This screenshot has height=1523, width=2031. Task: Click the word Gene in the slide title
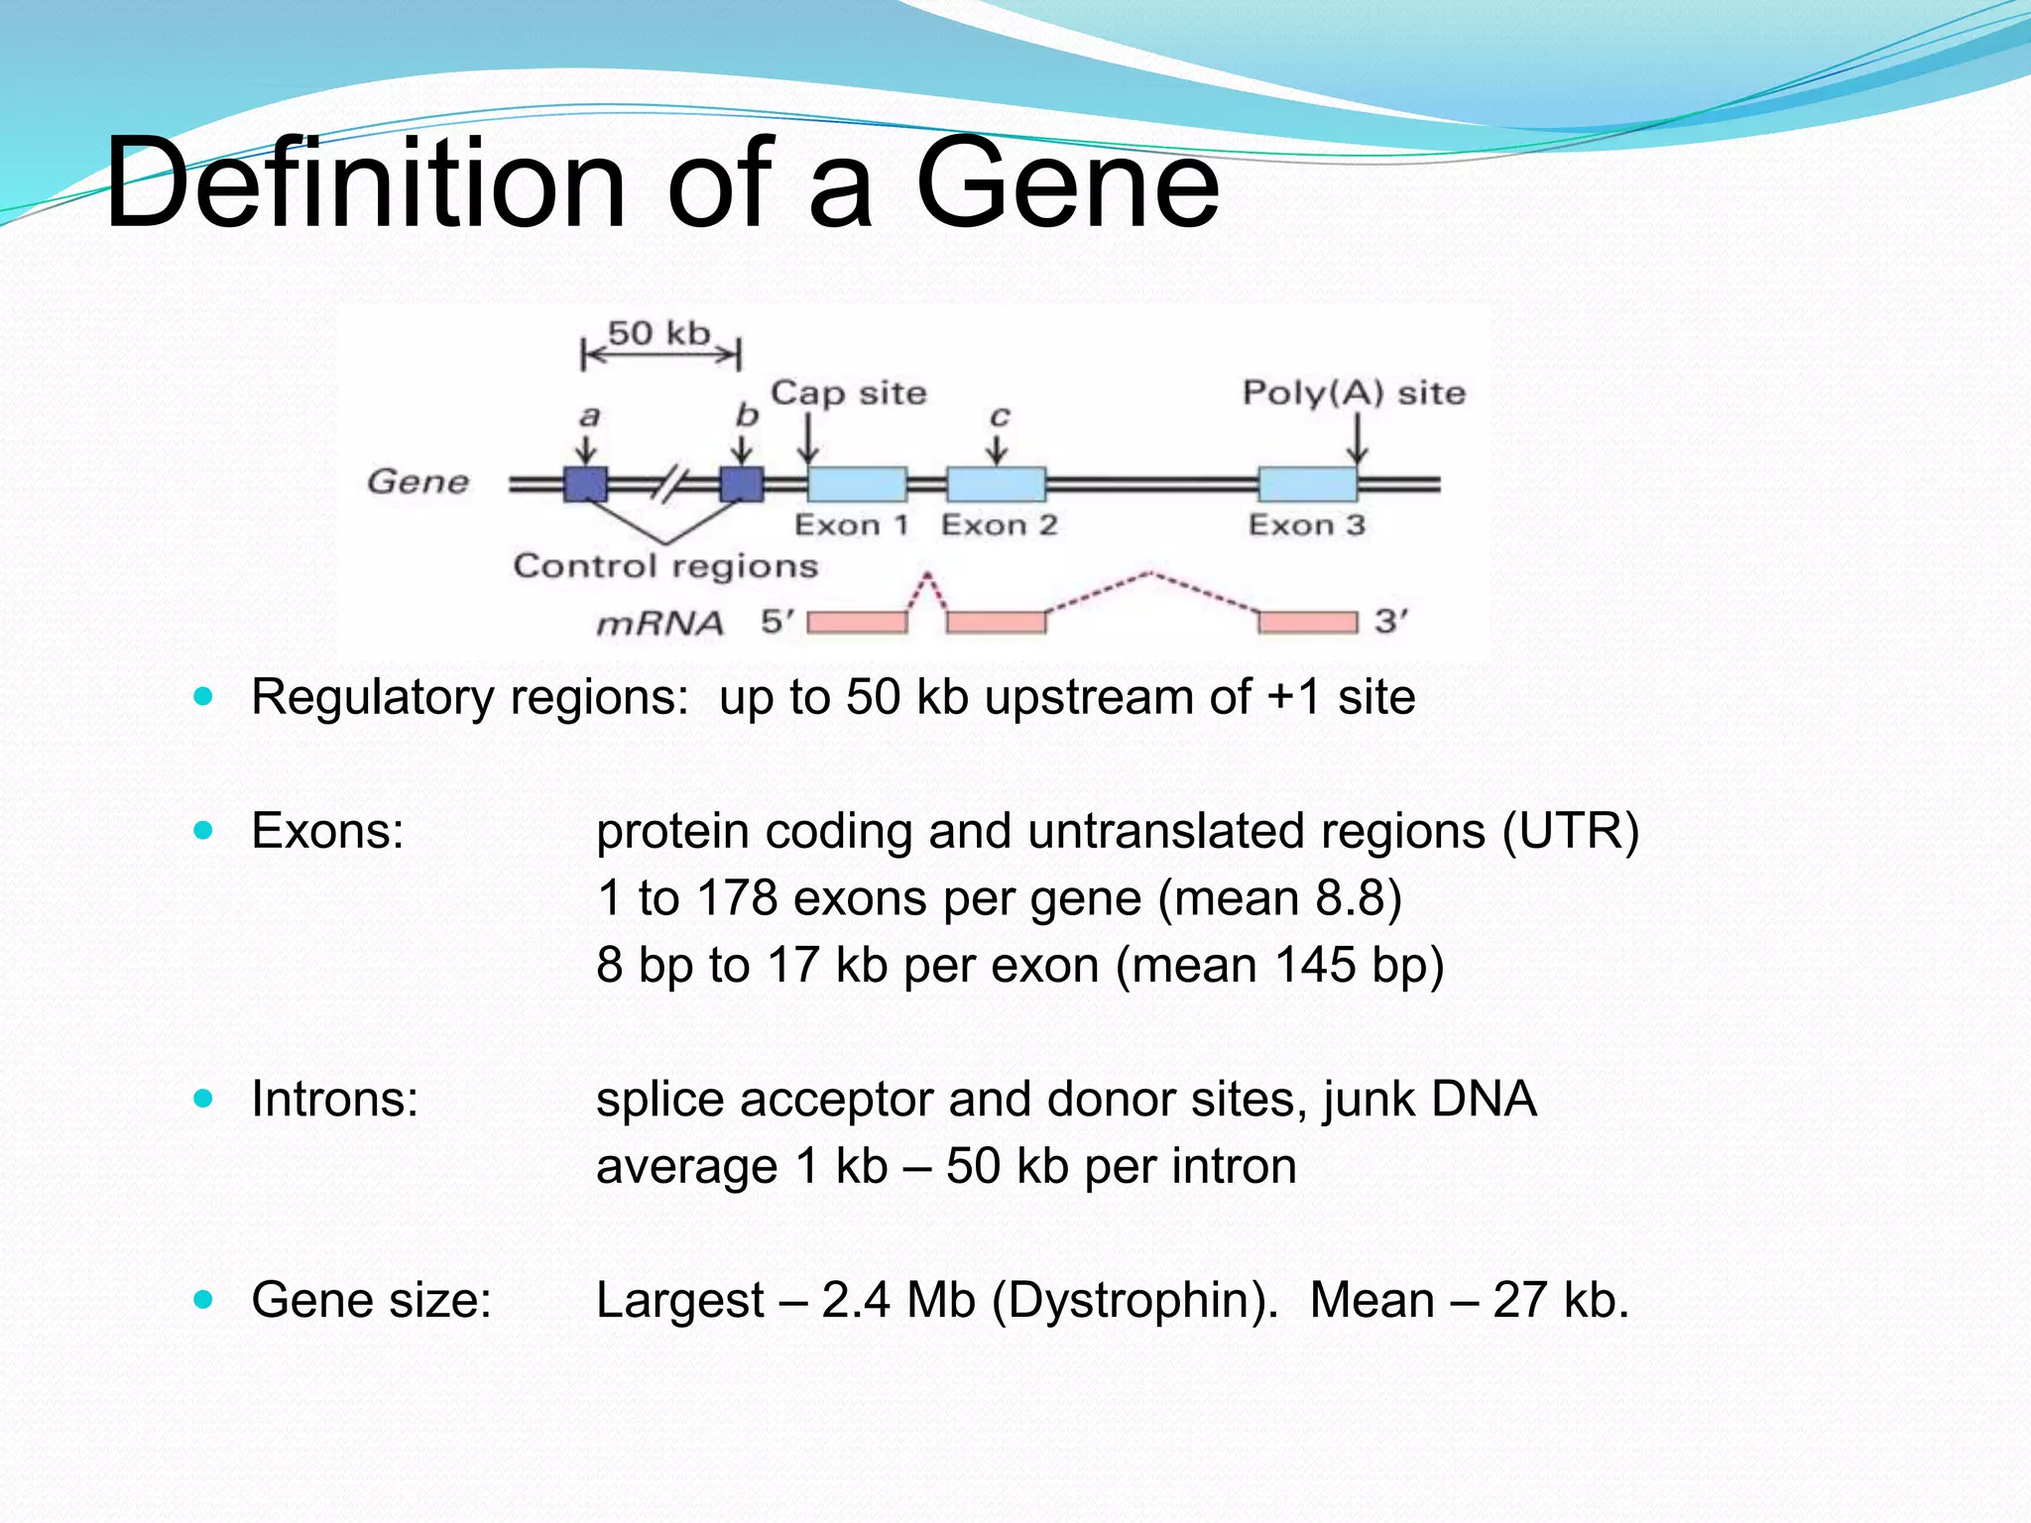point(1066,183)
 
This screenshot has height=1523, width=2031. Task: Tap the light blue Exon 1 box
point(857,484)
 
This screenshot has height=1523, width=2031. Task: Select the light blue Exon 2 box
point(996,484)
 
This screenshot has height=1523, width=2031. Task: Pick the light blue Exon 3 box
point(1307,484)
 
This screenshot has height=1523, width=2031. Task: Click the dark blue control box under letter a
point(585,484)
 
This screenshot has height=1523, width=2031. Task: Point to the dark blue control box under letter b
point(741,484)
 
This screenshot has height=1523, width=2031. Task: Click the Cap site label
point(849,393)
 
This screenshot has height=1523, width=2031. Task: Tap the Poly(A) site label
point(1354,393)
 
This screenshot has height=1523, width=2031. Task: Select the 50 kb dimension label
point(659,333)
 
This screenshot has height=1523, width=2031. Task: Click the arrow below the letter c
point(997,449)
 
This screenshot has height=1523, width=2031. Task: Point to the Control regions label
point(665,566)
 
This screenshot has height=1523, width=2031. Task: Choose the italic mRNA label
point(659,624)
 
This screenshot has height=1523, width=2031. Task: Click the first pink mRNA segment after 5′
point(857,623)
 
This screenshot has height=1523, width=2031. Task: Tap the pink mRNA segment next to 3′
point(1307,623)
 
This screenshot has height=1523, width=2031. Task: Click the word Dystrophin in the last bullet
point(1135,1300)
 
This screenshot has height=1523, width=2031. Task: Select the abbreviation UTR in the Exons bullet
point(1569,831)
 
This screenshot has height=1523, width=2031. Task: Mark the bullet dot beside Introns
point(204,1099)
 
